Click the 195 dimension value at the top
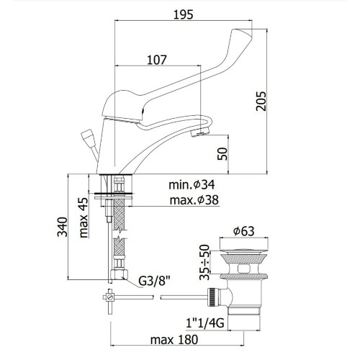[x=183, y=14]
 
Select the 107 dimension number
[x=157, y=60]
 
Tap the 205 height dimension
[x=261, y=101]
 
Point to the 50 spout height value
[x=222, y=154]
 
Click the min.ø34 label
[x=192, y=185]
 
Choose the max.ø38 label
[x=194, y=200]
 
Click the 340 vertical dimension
[x=63, y=227]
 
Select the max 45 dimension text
[x=84, y=217]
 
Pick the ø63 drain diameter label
[x=243, y=231]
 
